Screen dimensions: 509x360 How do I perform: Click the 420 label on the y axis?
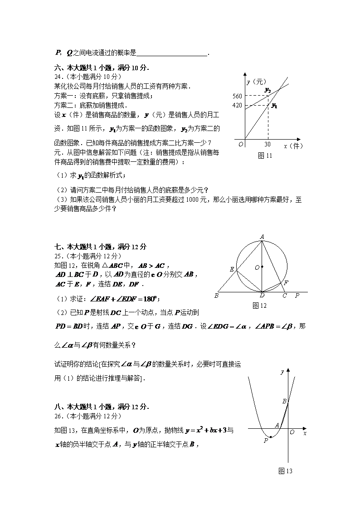(x=237, y=106)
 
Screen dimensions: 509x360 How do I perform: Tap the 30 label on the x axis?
(x=268, y=145)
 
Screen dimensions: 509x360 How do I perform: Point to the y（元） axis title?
(x=256, y=82)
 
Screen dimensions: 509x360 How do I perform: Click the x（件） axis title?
(x=293, y=146)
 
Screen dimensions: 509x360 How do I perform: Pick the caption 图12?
(x=259, y=305)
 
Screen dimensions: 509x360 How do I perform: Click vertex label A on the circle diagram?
(x=262, y=236)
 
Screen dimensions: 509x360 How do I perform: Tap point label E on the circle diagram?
(x=232, y=270)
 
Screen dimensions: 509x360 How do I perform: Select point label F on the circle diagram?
(x=285, y=283)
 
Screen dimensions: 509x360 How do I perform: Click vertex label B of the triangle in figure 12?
(x=217, y=296)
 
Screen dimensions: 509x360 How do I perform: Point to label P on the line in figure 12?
(x=297, y=296)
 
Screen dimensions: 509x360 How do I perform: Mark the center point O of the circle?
(x=262, y=267)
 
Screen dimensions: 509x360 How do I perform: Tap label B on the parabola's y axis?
(x=284, y=401)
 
